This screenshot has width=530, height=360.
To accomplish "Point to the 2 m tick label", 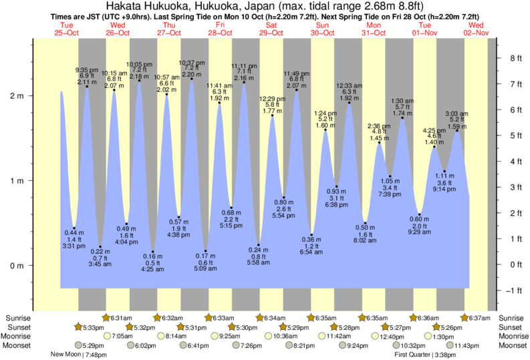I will [16, 96].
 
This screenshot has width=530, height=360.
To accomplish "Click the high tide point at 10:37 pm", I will [192, 79].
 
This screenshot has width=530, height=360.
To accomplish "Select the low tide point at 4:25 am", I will [152, 252].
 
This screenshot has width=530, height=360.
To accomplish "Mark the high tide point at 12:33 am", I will [349, 103].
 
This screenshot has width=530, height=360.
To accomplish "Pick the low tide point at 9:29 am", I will [420, 214].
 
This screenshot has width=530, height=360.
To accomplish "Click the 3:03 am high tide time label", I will [456, 114].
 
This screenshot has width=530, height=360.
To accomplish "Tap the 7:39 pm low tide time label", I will [390, 194].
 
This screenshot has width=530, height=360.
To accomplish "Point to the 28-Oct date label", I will [220, 33].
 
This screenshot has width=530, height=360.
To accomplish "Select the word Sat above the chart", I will [271, 25].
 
